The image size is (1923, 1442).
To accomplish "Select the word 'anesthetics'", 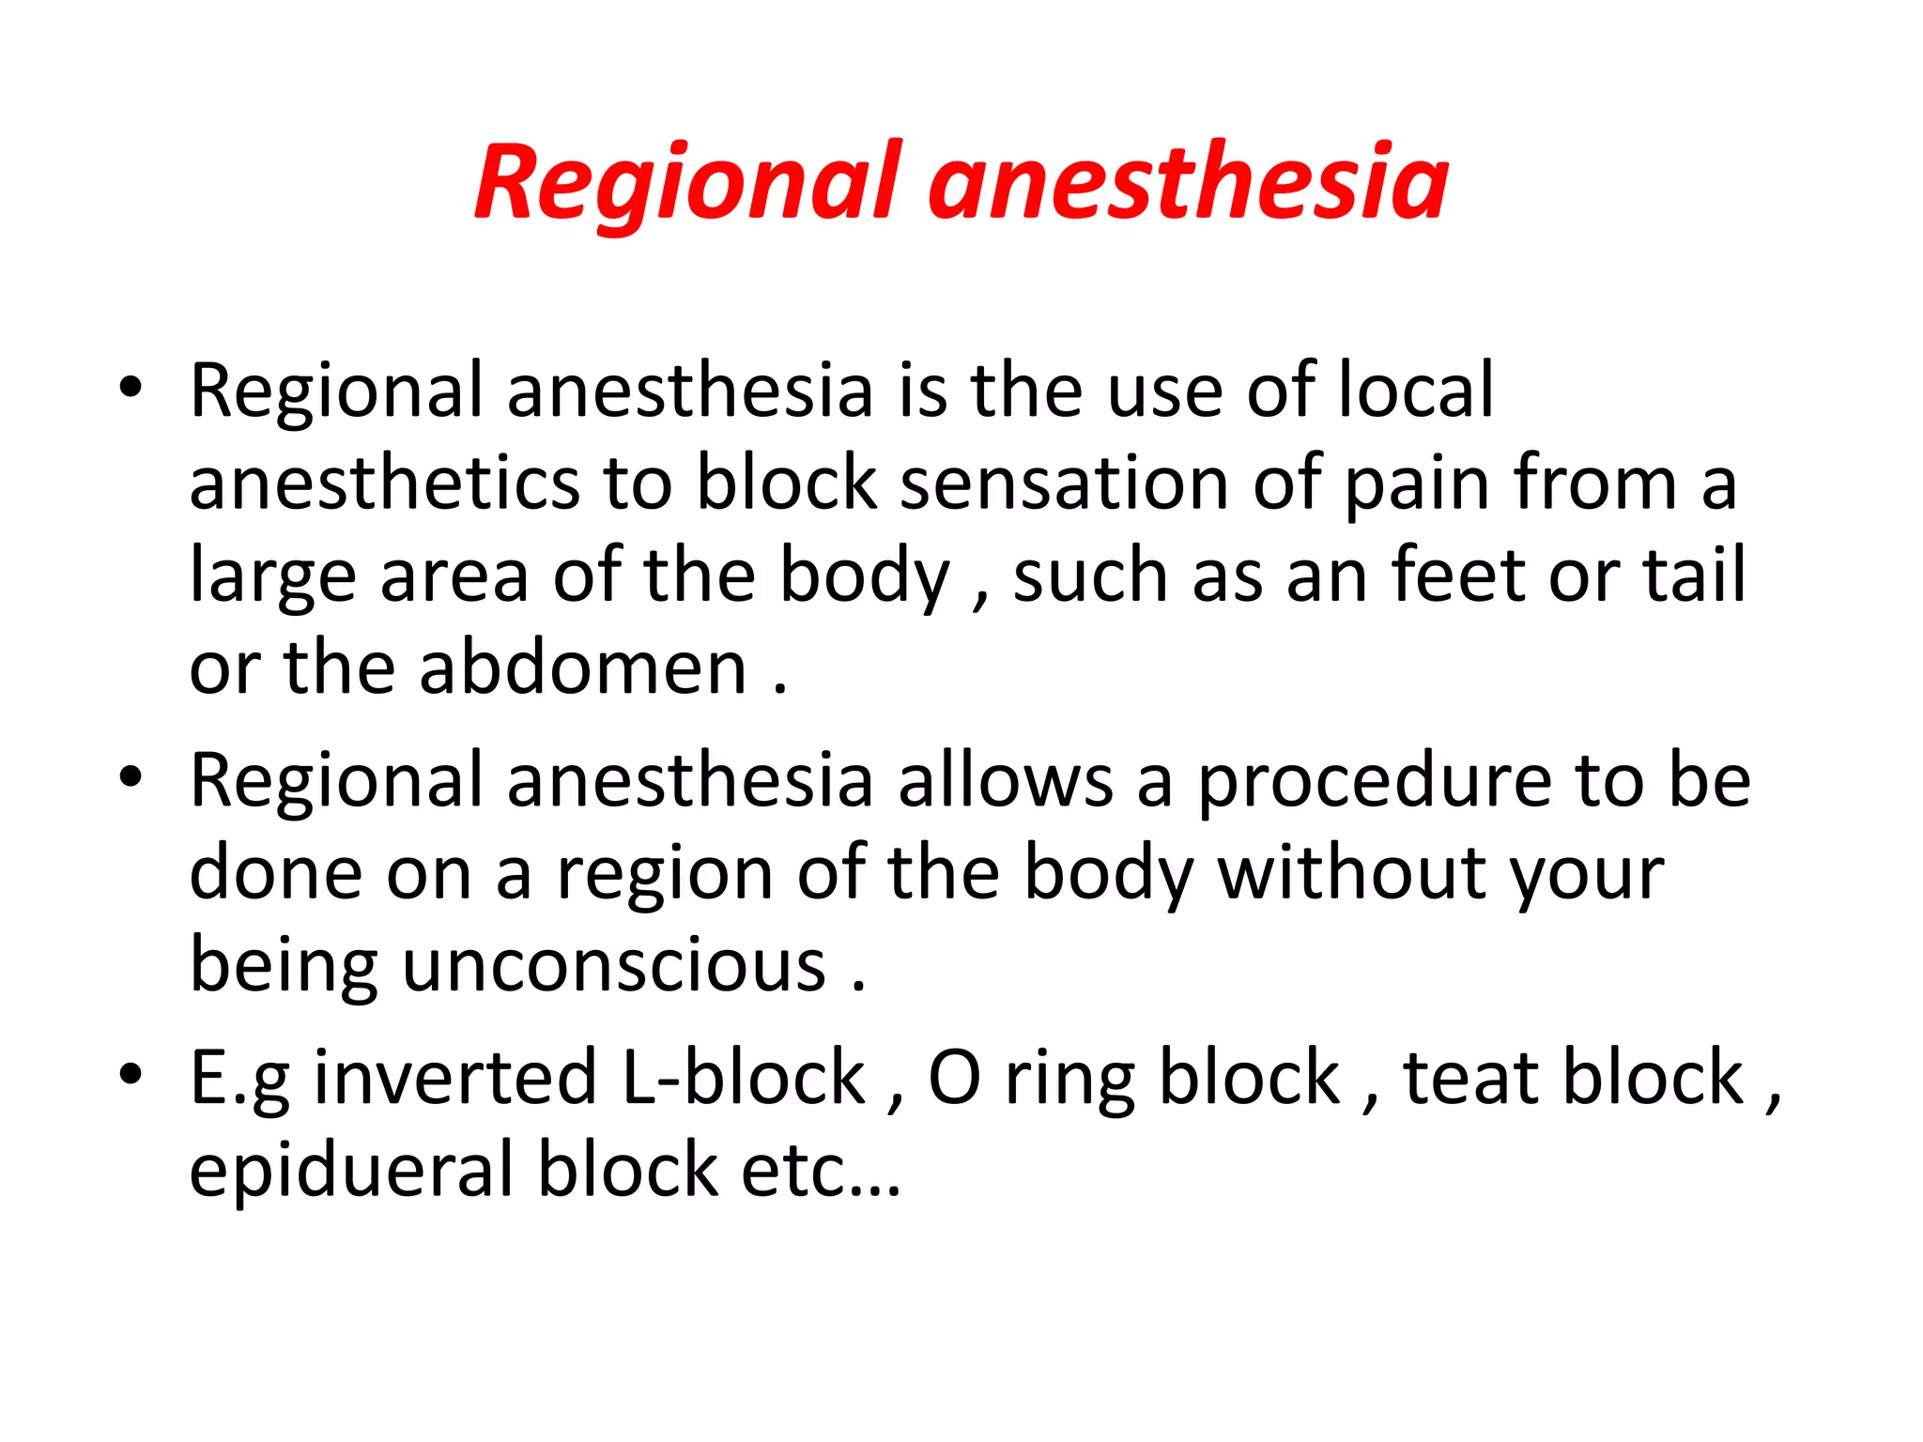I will (384, 483).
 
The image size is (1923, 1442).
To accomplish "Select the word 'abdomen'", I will (582, 667).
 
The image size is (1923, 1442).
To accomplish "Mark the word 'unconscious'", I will (614, 965).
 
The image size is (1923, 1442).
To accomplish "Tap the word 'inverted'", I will (455, 1077).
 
